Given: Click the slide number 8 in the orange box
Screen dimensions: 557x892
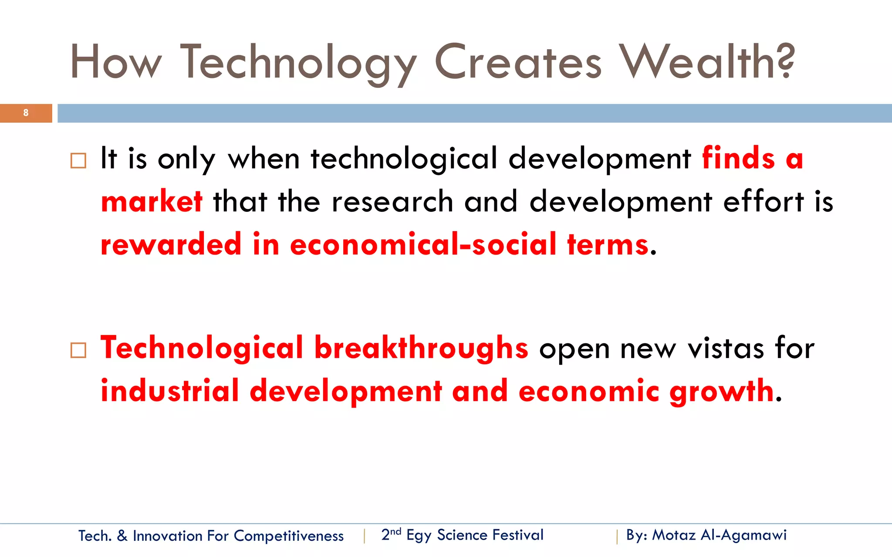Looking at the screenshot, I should point(26,113).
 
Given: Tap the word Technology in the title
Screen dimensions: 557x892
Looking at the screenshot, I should point(298,63).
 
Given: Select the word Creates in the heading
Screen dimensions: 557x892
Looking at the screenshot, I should point(518,62).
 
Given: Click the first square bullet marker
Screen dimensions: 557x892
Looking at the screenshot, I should point(78,161).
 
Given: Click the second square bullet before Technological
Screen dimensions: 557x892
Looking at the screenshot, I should point(78,350).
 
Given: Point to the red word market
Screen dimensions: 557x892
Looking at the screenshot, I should point(152,202).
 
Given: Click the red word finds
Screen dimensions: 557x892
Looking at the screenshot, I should point(739,158).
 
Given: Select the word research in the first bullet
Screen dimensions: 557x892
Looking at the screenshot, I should point(392,202).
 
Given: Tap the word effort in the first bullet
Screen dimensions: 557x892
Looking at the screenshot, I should point(763,202).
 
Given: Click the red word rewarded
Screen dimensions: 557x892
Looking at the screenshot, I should point(171,245).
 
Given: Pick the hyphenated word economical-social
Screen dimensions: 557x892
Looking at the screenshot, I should point(423,245).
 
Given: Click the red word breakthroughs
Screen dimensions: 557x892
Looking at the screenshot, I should point(421,348).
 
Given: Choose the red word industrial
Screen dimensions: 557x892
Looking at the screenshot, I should point(170,391).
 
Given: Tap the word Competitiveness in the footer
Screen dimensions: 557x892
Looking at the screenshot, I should point(288,536).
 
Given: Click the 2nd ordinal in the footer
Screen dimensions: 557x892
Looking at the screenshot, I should point(391,534).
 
